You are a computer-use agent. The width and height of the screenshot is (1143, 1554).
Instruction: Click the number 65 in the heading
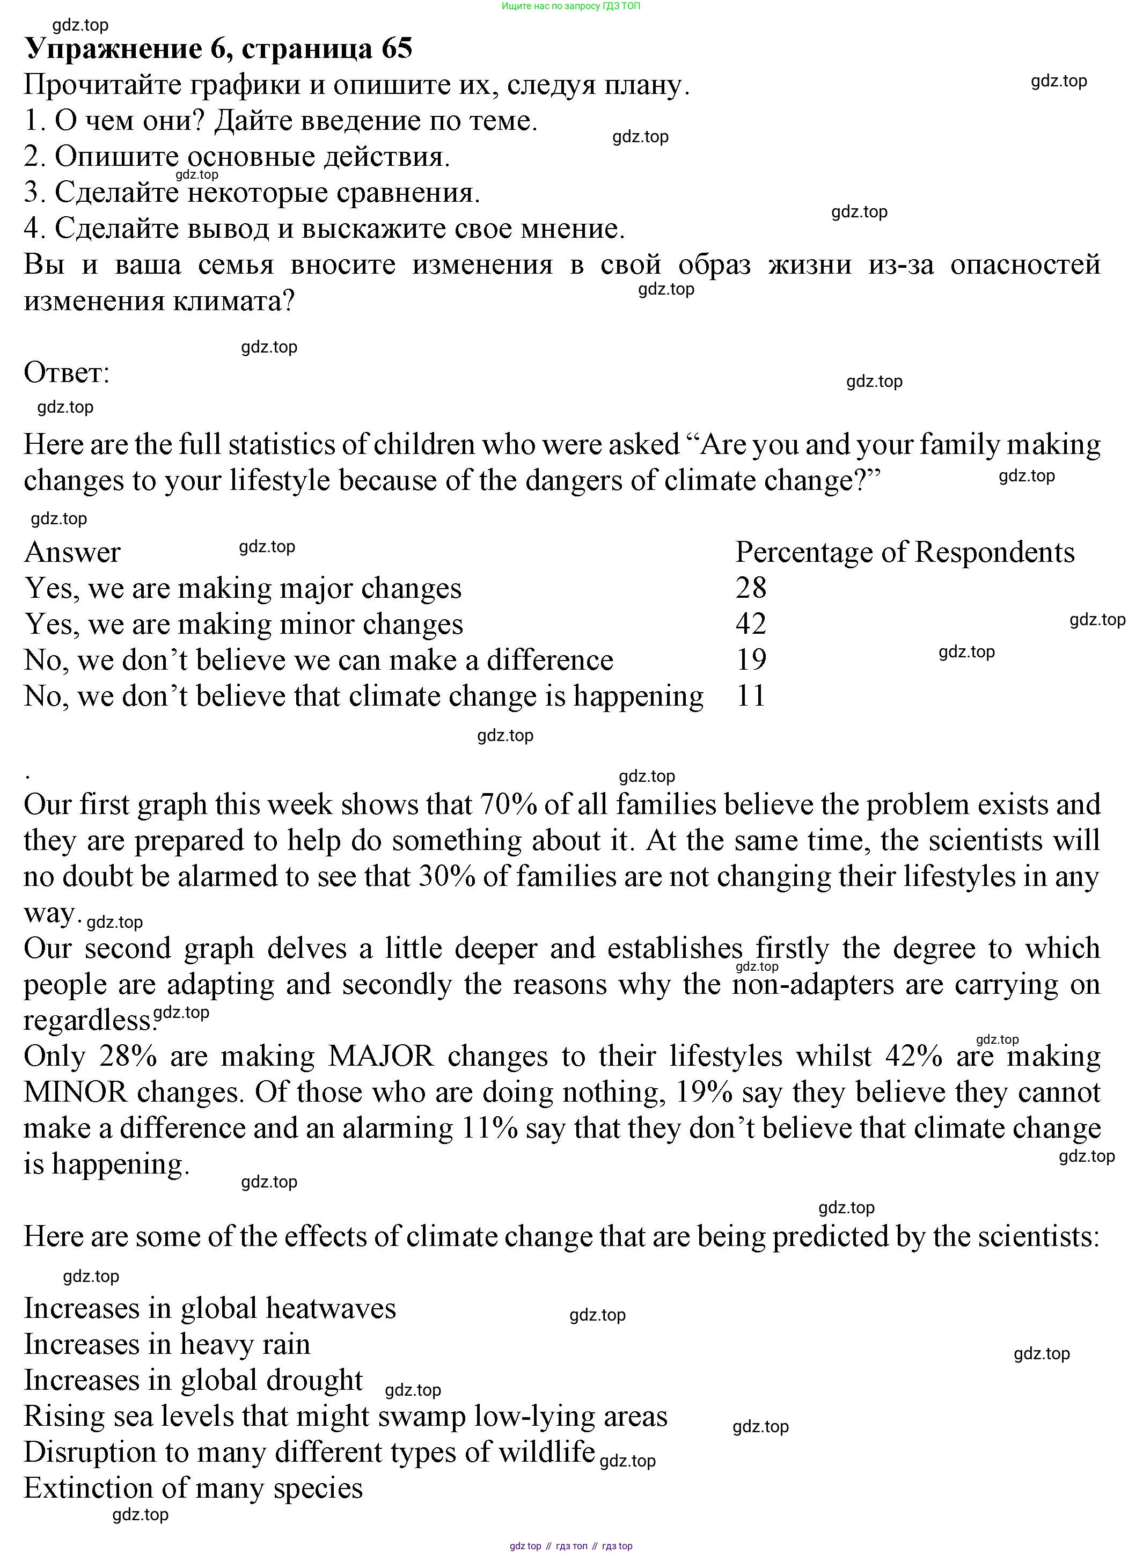397,48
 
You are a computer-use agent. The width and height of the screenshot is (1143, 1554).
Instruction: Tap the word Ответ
67,373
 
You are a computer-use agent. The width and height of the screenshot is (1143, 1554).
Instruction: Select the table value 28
751,588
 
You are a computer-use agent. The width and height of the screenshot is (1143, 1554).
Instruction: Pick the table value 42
751,624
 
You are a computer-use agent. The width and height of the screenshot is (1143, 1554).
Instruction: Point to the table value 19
751,659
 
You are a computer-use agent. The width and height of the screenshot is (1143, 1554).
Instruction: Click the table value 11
751,695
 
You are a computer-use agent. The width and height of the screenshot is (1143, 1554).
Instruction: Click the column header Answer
72,552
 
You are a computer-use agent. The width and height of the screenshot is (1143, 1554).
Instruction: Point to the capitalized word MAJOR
380,1057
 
